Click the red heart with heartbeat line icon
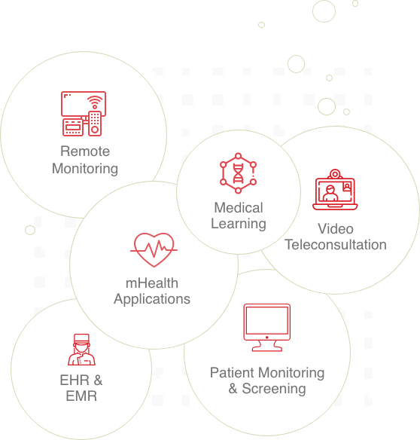pos(154,249)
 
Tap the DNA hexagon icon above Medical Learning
pos(238,173)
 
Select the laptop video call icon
pos(335,189)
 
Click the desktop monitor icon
pos(267,328)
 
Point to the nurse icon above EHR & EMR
pos(81,350)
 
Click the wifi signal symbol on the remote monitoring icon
pos(95,102)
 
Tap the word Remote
pos(85,151)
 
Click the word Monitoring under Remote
pos(85,169)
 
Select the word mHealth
pos(152,283)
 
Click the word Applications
pos(152,299)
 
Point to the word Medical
pos(239,208)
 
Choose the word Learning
pos(239,224)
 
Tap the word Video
pos(336,229)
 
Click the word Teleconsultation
pos(336,244)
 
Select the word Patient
pos(232,373)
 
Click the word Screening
pos(274,389)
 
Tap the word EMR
pos(81,396)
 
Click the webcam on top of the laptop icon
pos(335,174)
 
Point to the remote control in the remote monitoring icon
pos(95,124)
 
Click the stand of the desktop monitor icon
pos(267,347)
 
